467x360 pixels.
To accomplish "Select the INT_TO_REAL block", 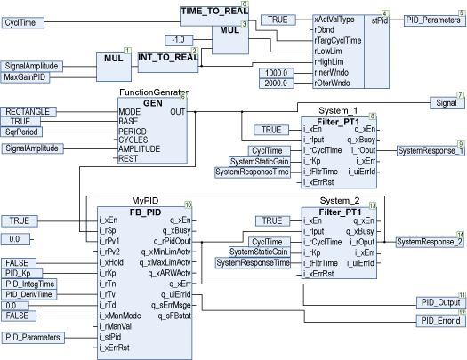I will click(x=167, y=58).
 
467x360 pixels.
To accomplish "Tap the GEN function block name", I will click(x=152, y=103).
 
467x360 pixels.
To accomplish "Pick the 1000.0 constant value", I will click(x=278, y=72).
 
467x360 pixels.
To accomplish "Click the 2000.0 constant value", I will click(x=278, y=84).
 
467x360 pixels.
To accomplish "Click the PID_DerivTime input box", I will click(x=32, y=293).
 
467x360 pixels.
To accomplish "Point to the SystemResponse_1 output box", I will click(x=431, y=150).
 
